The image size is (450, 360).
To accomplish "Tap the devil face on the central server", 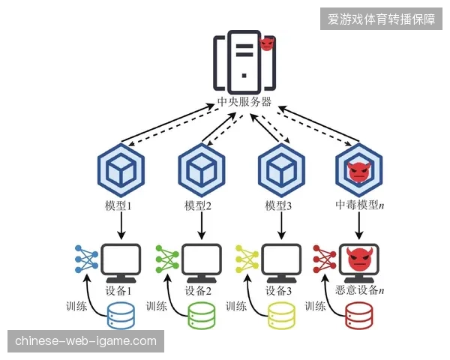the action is (266, 43).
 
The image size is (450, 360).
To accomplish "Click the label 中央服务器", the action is (244, 102).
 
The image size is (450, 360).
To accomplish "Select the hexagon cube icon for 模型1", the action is (121, 170).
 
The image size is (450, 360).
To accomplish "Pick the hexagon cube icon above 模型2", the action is (202, 170).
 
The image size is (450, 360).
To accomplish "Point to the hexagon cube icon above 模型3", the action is (281, 170).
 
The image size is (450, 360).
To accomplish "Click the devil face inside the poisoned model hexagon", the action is (358, 172).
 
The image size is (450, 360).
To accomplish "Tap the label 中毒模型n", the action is (360, 205).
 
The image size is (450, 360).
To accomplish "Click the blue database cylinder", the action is (121, 315).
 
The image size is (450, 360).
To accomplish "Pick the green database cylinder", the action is (202, 315).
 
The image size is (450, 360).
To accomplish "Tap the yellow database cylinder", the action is (281, 315).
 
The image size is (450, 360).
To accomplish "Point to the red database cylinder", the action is (359, 315).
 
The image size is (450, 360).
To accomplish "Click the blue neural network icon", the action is (86, 259).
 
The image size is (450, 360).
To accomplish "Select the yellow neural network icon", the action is (247, 259).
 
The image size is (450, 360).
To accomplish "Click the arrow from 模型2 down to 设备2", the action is (202, 226).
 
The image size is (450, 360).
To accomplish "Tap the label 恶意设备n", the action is (359, 290).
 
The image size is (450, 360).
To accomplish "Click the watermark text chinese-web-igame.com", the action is (85, 341).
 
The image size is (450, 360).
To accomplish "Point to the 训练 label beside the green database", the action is (157, 306).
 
